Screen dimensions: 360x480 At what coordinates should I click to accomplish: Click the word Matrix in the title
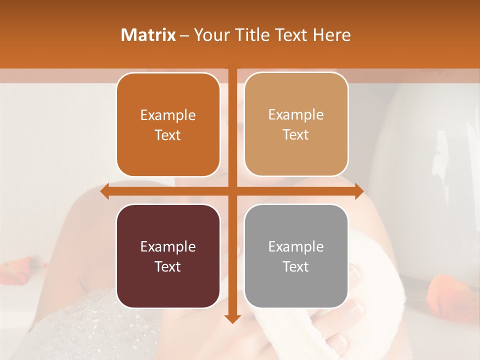(x=148, y=35)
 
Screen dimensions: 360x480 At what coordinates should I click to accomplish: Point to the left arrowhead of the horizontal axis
(x=104, y=191)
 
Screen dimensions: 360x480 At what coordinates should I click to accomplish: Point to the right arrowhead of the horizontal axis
(x=359, y=191)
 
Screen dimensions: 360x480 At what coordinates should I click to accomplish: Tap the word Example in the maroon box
(x=168, y=246)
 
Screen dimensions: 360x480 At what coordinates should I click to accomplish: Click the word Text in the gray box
(x=296, y=266)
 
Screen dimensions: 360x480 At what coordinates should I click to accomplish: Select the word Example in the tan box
(x=296, y=114)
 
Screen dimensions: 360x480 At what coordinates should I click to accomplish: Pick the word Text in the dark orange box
(x=168, y=135)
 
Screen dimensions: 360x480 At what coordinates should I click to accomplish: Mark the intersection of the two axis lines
(x=232, y=191)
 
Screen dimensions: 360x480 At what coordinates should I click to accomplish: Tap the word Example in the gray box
(x=296, y=246)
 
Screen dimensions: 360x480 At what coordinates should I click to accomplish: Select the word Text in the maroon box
(x=168, y=266)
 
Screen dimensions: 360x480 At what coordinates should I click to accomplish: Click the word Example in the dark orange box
(x=168, y=115)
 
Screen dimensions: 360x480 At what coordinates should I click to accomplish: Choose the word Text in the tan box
(x=296, y=134)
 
